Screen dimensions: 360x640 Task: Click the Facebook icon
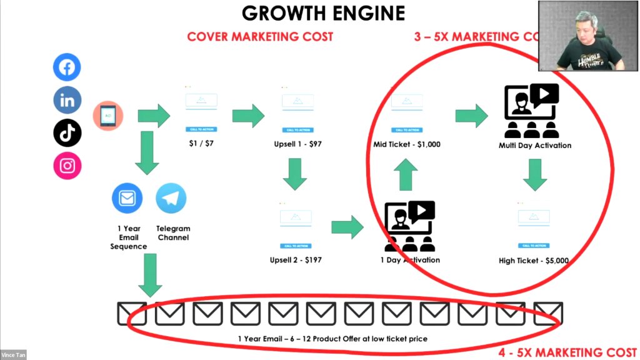[x=67, y=67]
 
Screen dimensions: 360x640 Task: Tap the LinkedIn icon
[x=67, y=101]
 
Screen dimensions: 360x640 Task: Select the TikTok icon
[x=67, y=132]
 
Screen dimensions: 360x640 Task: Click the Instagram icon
[x=67, y=166]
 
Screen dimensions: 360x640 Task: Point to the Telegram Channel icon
[x=171, y=199]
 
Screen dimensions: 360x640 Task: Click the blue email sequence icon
[x=127, y=199]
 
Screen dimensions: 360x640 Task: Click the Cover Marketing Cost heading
[x=260, y=37]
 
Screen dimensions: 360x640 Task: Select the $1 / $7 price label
[x=201, y=144]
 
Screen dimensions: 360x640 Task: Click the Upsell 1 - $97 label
[x=297, y=144]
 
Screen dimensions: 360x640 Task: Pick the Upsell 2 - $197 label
[x=296, y=259]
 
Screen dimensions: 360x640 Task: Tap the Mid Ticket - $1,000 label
[x=406, y=144]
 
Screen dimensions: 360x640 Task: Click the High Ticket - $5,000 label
[x=534, y=260]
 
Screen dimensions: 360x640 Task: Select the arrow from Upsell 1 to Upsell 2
[x=295, y=173]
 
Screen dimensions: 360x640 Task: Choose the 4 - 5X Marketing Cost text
[x=567, y=352]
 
